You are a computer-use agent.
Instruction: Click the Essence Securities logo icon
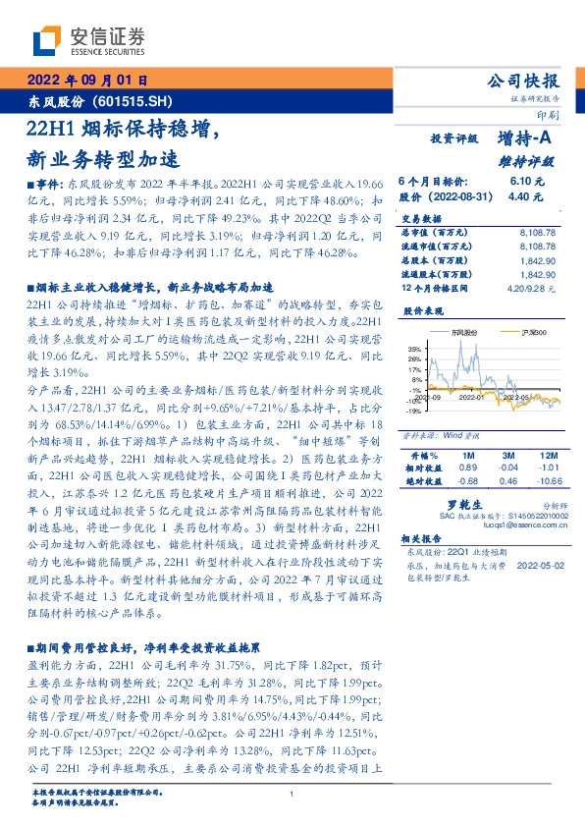click(51, 41)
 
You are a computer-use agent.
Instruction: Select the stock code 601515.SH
click(133, 101)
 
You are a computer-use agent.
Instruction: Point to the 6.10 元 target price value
click(522, 182)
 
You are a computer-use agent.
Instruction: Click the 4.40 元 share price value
click(522, 195)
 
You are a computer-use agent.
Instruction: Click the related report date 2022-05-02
click(537, 565)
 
